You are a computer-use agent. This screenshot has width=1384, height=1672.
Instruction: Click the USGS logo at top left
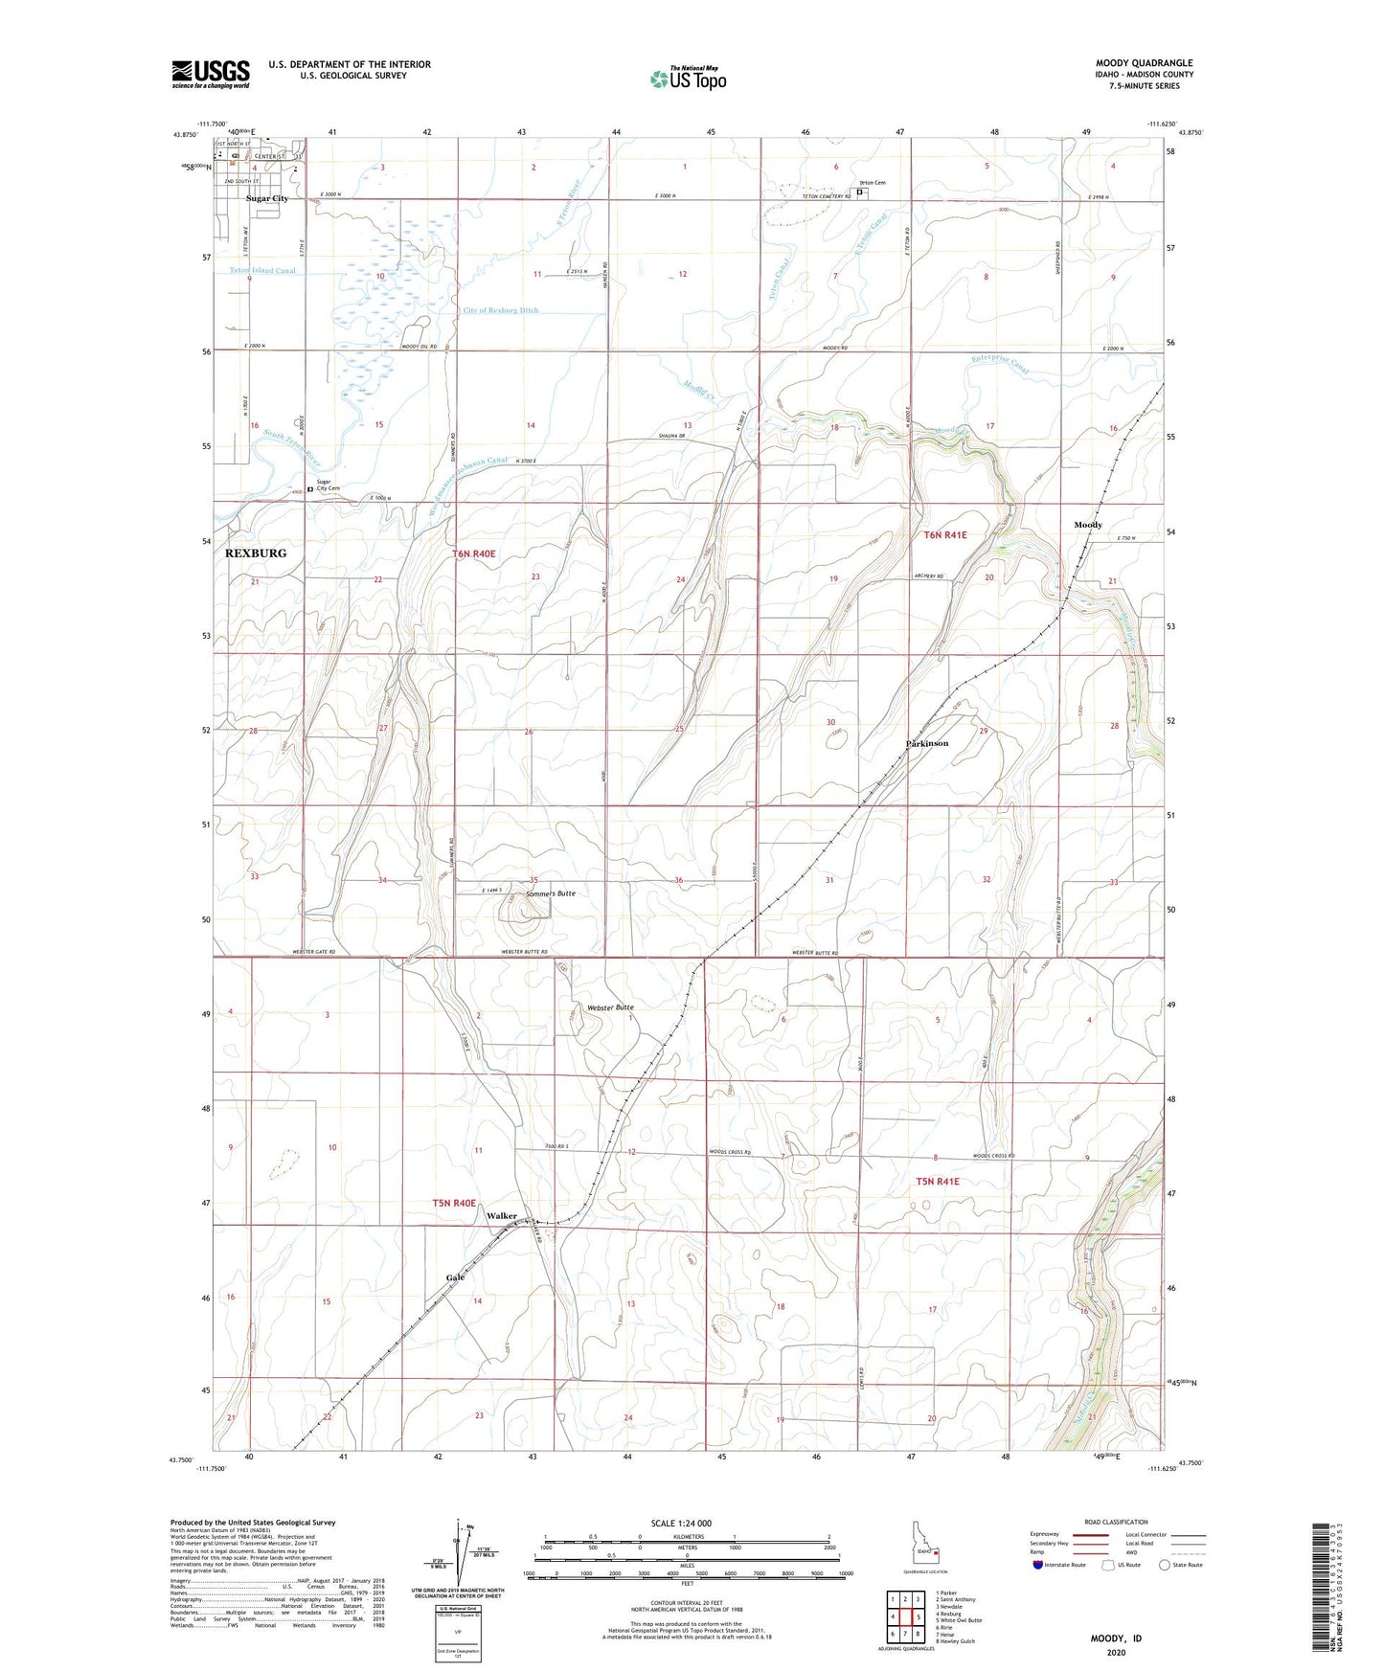210,73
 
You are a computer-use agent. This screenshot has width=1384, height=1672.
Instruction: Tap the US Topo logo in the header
688,79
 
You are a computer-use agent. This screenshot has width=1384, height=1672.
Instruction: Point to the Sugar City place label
267,198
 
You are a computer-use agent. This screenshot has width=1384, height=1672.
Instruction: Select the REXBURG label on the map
255,554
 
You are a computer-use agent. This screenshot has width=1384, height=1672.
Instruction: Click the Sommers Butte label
551,892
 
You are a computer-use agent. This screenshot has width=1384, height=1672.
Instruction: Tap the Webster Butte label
610,1007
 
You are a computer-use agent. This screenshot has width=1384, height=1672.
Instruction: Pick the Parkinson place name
927,743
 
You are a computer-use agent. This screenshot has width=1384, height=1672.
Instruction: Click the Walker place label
501,1216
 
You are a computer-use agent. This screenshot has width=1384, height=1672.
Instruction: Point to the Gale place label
455,1277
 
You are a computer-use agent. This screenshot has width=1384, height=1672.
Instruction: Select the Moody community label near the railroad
1088,525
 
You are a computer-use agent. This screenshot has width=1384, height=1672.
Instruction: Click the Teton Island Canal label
262,270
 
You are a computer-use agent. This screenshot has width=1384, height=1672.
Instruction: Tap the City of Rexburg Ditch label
501,310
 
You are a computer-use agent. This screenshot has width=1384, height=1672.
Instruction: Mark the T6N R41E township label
945,535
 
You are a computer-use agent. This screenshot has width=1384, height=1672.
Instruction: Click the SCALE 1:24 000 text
680,1523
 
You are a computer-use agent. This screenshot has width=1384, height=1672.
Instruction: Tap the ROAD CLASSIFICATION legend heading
1116,1522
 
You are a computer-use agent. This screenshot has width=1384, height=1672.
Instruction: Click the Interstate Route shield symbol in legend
1039,1565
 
